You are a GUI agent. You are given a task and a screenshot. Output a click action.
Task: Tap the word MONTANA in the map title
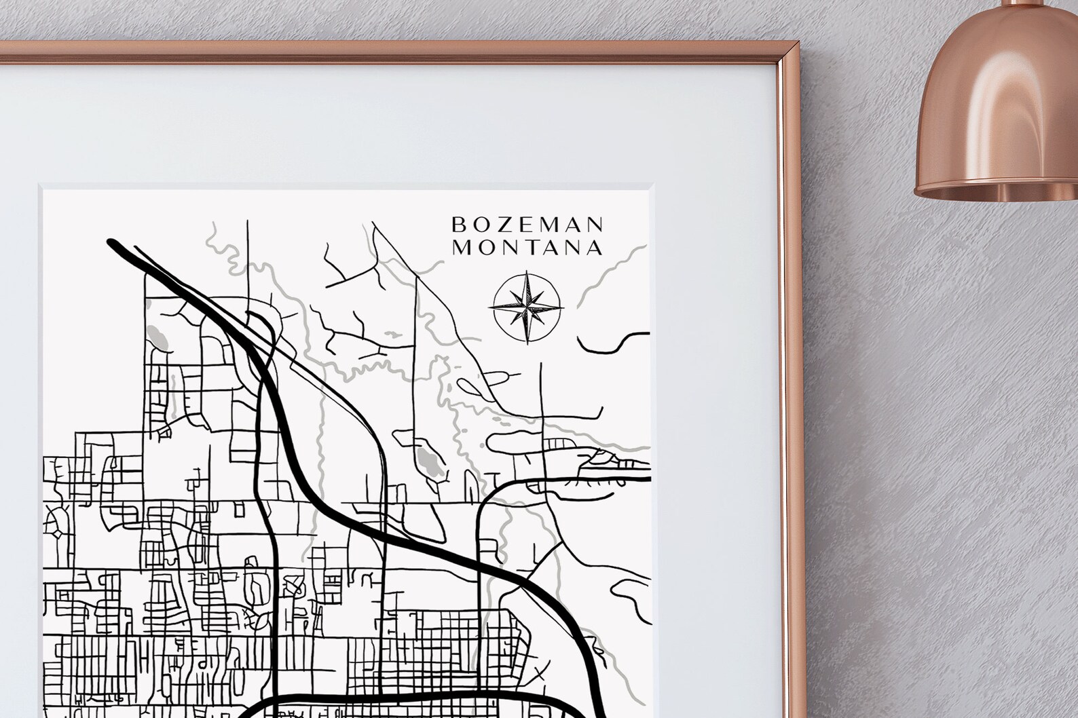[x=527, y=248]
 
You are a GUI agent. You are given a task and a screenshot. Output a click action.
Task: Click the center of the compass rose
[x=527, y=307]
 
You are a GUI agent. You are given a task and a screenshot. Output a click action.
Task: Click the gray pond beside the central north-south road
[x=428, y=459]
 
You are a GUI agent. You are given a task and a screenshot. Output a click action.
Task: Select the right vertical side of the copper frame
[x=802, y=339]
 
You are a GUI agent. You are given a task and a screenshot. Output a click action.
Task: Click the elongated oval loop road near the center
[x=485, y=385]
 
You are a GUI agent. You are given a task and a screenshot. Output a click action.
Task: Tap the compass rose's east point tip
[x=562, y=307]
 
